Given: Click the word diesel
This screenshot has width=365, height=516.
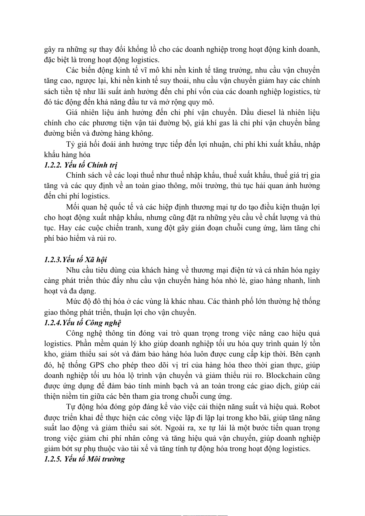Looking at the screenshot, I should click(x=266, y=112).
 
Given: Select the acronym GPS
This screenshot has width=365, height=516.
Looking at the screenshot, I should click(x=97, y=365).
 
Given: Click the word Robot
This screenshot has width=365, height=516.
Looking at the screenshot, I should click(x=310, y=407).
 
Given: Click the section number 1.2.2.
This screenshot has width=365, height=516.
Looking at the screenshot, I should click(x=53, y=165).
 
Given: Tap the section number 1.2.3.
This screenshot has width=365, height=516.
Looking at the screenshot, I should click(x=53, y=260).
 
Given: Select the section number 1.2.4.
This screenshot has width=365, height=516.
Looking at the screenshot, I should click(x=53, y=323).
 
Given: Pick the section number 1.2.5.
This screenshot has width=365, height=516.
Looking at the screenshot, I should click(x=53, y=459).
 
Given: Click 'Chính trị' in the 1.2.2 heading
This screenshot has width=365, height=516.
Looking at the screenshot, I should click(x=102, y=165).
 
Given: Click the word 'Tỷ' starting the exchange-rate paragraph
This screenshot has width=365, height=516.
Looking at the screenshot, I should click(x=70, y=144).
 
